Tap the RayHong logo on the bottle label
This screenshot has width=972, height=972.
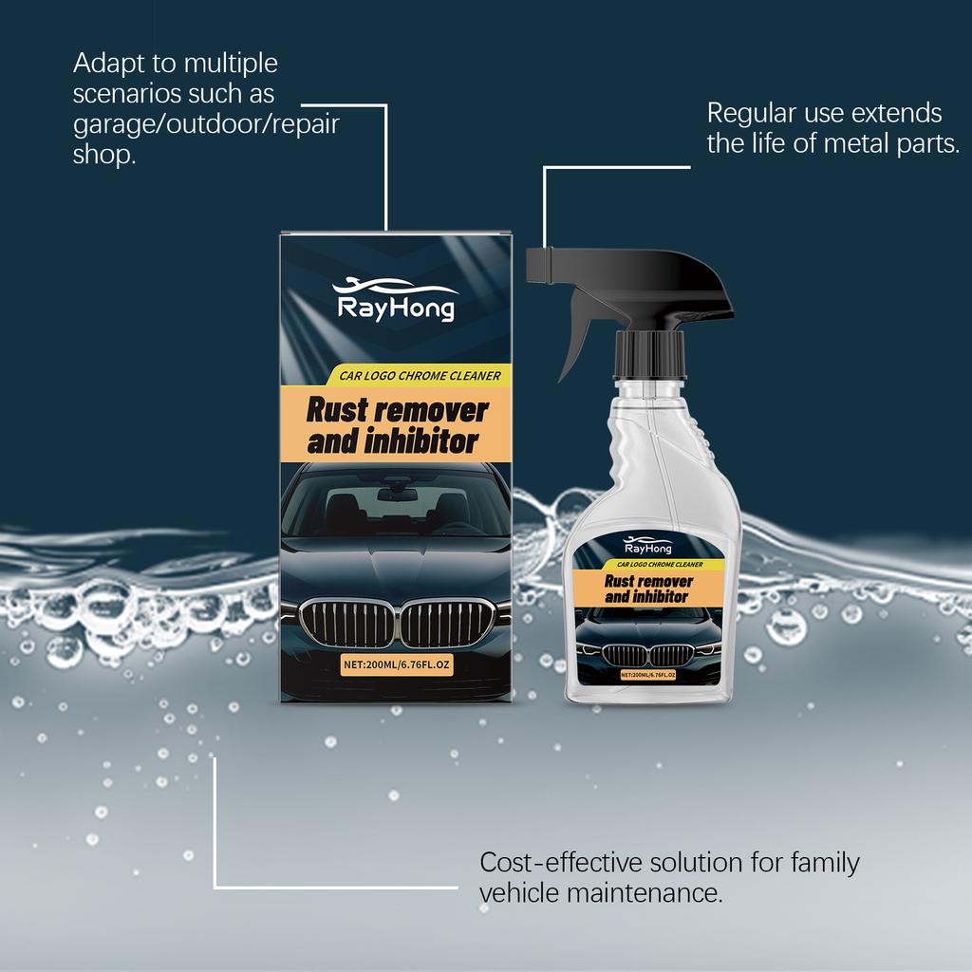(647, 547)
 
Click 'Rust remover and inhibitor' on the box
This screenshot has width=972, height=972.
(396, 425)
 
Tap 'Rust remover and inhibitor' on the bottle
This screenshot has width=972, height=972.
(648, 589)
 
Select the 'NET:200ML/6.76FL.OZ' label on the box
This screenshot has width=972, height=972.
(396, 664)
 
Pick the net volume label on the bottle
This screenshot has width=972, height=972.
(648, 675)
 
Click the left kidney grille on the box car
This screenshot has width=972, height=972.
(346, 624)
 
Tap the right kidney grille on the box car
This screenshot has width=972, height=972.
(447, 624)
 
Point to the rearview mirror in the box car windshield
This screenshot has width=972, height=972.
(397, 494)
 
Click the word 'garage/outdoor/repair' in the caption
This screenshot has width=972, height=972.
(206, 124)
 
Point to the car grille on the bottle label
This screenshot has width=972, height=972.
(648, 655)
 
